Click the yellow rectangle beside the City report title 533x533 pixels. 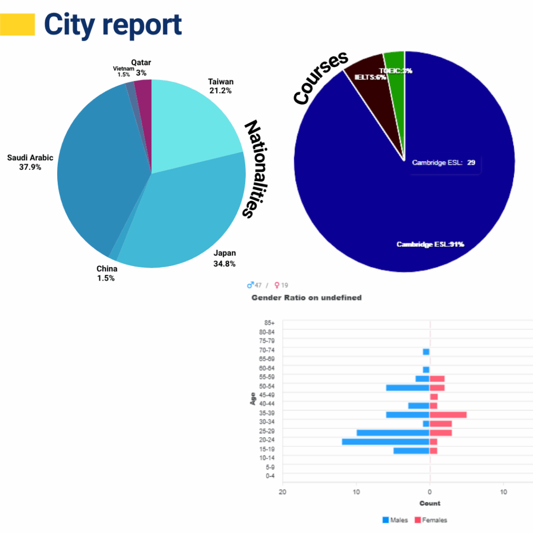click(x=18, y=24)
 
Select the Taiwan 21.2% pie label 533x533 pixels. click(x=221, y=86)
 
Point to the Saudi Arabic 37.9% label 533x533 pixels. click(x=30, y=162)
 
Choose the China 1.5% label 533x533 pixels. click(x=106, y=273)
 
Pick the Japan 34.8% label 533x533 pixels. click(x=225, y=258)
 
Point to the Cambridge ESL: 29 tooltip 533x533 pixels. click(x=443, y=162)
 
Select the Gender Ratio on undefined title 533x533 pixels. click(x=307, y=298)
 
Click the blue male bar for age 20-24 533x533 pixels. click(x=386, y=441)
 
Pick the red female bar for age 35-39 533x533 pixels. click(x=448, y=415)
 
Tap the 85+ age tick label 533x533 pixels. click(x=269, y=323)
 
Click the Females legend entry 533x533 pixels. click(x=430, y=520)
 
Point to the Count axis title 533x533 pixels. click(x=430, y=503)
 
